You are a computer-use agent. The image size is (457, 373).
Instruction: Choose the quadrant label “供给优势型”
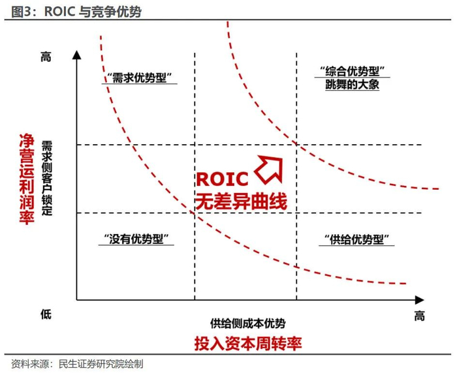pyautogui.click(x=357, y=239)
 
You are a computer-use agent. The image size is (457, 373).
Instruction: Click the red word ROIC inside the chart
pyautogui.click(x=222, y=179)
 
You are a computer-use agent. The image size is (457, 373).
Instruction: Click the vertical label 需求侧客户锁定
pyautogui.click(x=47, y=177)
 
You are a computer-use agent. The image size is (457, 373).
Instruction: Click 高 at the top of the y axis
pyautogui.click(x=46, y=57)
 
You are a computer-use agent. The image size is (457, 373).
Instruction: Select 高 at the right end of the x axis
pyautogui.click(x=419, y=316)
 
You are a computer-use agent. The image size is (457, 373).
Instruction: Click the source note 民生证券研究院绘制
pyautogui.click(x=101, y=363)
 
